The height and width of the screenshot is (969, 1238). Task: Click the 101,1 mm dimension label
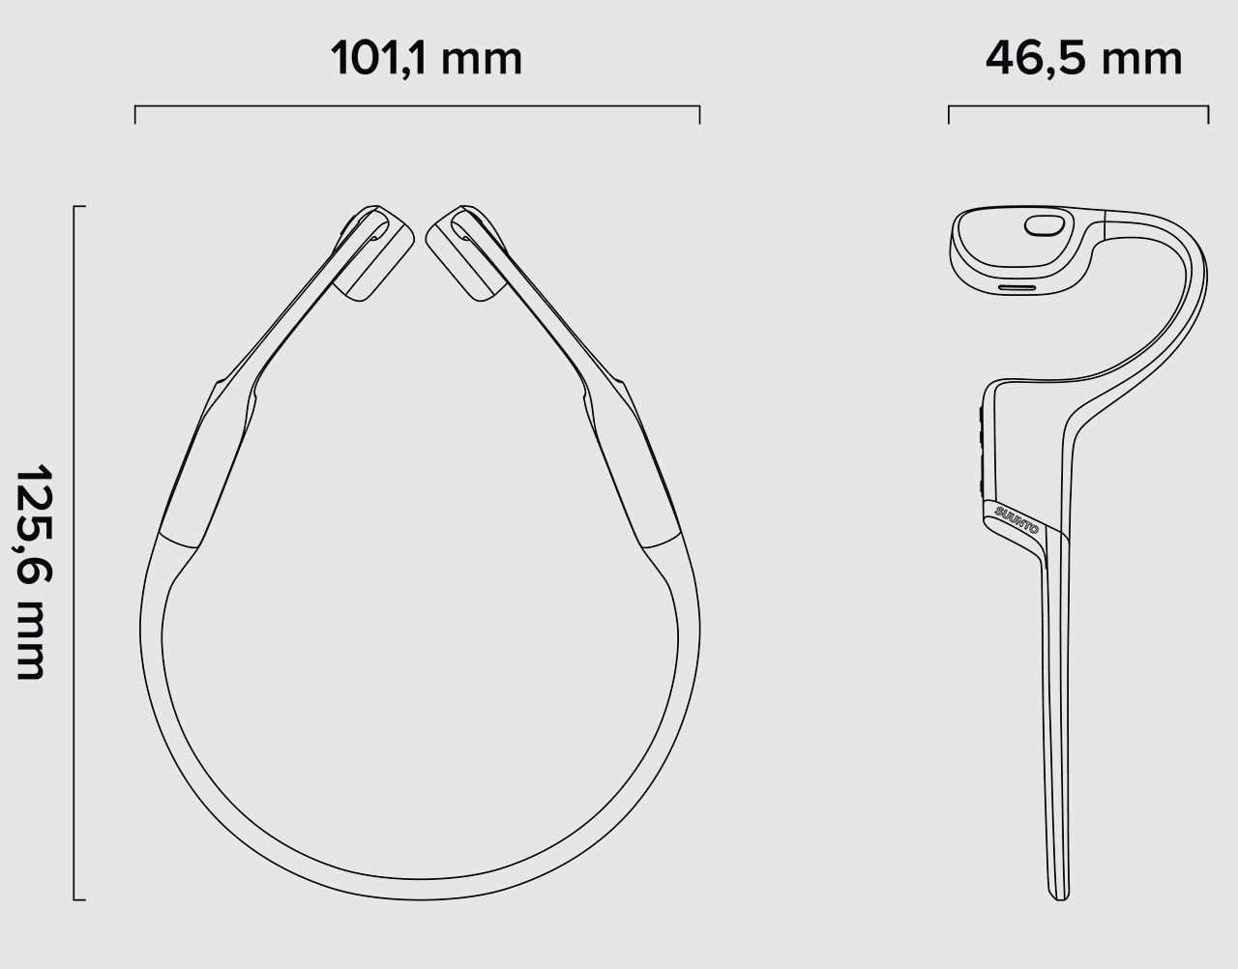tap(427, 59)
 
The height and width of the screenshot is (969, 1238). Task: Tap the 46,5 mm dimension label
tap(1083, 59)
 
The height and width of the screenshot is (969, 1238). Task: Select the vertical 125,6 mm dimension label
tap(34, 572)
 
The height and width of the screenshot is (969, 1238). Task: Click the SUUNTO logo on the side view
tap(1017, 519)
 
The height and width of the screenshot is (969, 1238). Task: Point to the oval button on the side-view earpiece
tap(1045, 225)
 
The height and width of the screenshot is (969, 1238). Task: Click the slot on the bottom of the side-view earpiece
tap(1017, 287)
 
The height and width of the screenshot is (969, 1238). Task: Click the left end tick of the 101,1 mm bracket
tap(135, 114)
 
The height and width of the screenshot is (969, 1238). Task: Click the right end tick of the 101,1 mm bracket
tap(699, 114)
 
